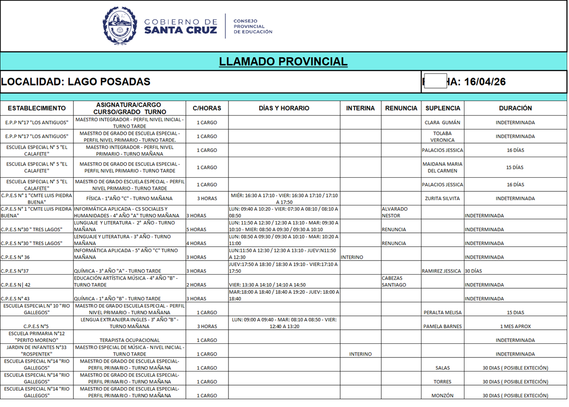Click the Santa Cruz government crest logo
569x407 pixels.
[x=121, y=26]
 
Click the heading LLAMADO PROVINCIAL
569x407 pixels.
[x=283, y=61]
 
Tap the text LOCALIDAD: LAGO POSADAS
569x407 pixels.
[x=76, y=82]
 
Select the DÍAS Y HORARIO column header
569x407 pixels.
[x=284, y=108]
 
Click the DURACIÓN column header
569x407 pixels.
[x=515, y=108]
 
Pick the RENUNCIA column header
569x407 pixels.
[x=401, y=108]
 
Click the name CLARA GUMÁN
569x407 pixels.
[x=442, y=123]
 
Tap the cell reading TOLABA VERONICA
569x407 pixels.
[x=442, y=136]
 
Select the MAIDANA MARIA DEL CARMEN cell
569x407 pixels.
[x=442, y=167]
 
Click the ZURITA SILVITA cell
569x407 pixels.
[x=442, y=198]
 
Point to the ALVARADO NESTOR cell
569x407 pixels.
[x=395, y=212]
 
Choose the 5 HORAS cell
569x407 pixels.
[x=196, y=230]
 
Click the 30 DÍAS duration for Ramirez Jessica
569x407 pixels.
[x=474, y=271]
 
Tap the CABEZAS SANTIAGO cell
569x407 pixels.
[x=394, y=281]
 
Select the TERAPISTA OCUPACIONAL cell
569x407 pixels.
[x=129, y=340]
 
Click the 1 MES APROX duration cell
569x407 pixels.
[x=515, y=327]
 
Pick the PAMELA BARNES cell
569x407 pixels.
[x=442, y=327]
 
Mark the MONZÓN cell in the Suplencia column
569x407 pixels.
[x=442, y=395]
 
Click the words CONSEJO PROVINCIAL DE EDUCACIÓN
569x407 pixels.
[x=252, y=26]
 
